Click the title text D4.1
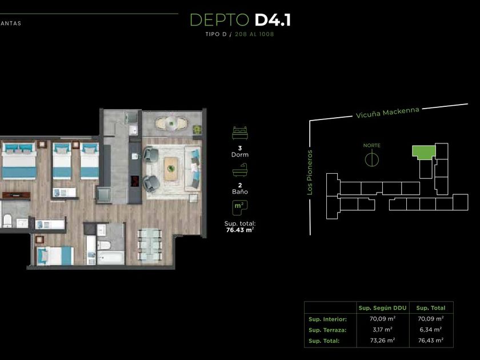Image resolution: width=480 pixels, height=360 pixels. [x=273, y=20]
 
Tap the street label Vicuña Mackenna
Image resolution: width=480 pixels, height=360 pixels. [x=387, y=113]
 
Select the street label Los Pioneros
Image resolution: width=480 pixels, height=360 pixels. [x=310, y=173]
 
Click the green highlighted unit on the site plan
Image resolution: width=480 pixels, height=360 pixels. [x=424, y=152]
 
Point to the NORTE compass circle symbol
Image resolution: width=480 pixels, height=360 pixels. [x=372, y=159]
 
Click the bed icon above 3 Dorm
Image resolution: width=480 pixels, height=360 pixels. [x=240, y=133]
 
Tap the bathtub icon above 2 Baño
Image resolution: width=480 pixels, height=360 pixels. [x=240, y=170]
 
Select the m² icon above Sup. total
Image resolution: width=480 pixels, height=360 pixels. [x=240, y=208]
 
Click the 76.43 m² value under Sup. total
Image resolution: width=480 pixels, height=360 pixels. [x=240, y=230]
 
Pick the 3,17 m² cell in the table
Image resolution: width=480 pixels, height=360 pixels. [x=382, y=330]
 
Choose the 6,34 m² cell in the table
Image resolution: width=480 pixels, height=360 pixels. [x=431, y=330]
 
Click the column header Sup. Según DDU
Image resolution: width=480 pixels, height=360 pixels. [x=382, y=308]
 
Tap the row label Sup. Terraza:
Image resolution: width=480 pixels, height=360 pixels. [x=327, y=330]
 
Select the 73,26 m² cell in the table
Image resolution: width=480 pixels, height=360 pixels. [x=382, y=341]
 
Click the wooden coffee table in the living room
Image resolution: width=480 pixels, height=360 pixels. [x=171, y=169]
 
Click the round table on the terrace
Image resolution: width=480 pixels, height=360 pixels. [x=172, y=123]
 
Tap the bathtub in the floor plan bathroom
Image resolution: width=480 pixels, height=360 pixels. [x=111, y=258]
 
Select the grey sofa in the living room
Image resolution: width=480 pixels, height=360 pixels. [x=193, y=169]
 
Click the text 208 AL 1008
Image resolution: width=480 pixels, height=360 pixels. [x=254, y=34]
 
